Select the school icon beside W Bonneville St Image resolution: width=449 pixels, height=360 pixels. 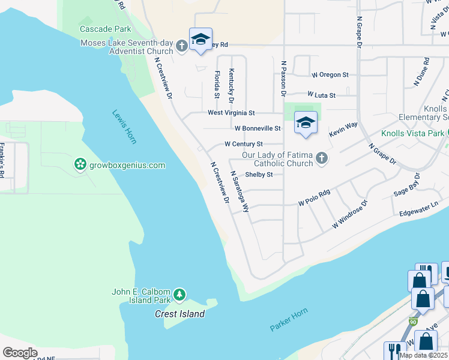pyautogui.click(x=306, y=123)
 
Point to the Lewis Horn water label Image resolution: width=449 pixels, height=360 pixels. pyautogui.click(x=125, y=127)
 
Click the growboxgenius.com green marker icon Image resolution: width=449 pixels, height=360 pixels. pyautogui.click(x=79, y=164)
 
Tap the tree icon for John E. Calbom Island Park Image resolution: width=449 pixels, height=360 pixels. pyautogui.click(x=179, y=295)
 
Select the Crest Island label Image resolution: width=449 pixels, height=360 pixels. pyautogui.click(x=179, y=314)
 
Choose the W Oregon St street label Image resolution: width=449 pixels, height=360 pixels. pyautogui.click(x=330, y=75)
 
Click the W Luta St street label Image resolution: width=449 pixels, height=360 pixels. pyautogui.click(x=321, y=95)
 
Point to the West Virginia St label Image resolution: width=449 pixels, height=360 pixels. pyautogui.click(x=231, y=112)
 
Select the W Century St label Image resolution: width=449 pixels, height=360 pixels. pyautogui.click(x=243, y=144)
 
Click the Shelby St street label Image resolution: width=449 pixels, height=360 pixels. pyautogui.click(x=259, y=175)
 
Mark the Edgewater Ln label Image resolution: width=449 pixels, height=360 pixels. pyautogui.click(x=423, y=209)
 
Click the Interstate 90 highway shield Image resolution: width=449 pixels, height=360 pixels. pyautogui.click(x=413, y=322)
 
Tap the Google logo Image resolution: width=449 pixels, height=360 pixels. pyautogui.click(x=19, y=353)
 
